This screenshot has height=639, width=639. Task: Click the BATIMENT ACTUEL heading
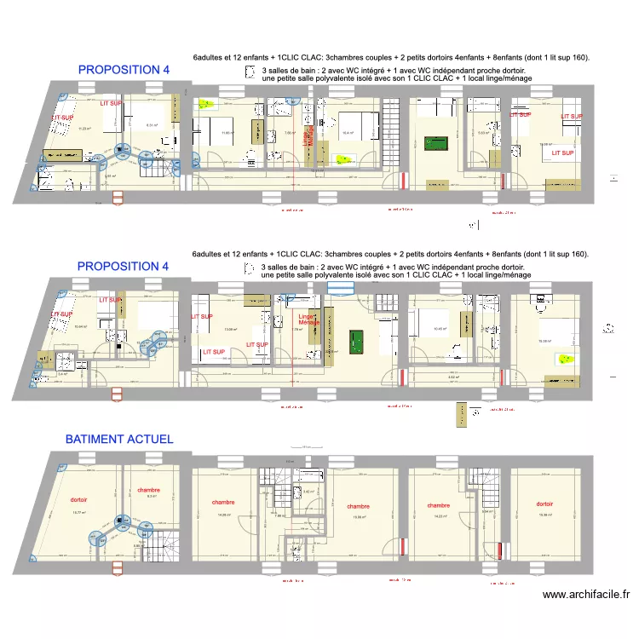click(119, 440)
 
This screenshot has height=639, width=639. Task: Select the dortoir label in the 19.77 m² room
click(78, 499)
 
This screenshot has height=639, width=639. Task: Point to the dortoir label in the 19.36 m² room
click(545, 503)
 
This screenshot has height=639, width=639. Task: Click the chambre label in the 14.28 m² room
click(224, 503)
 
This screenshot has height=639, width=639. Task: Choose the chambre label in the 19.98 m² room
click(359, 506)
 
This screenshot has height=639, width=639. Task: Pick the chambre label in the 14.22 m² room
click(439, 504)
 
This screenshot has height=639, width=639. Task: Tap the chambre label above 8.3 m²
click(148, 490)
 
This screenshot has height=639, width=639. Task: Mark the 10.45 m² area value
click(440, 329)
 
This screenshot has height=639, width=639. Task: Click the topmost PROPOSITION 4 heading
click(124, 69)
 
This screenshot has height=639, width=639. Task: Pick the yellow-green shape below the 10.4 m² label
click(345, 158)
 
